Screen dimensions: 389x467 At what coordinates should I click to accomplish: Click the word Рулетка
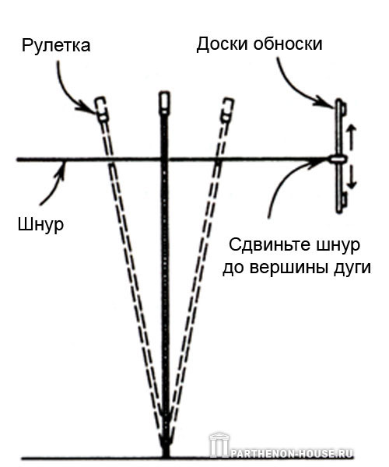point(56,46)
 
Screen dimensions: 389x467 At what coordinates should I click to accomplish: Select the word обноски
point(288,44)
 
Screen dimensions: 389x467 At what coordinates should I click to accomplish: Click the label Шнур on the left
point(40,224)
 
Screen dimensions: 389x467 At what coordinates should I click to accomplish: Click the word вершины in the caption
point(299,267)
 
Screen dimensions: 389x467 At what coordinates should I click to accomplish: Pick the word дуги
point(361,267)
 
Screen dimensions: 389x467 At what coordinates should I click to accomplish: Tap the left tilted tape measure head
point(101,109)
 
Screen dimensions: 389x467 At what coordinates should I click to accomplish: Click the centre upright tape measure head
point(165,103)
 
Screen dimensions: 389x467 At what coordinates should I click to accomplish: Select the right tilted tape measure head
point(227,110)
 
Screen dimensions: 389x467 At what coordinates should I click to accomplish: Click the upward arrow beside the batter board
point(352,138)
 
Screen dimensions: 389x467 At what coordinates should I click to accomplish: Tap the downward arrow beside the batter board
point(352,177)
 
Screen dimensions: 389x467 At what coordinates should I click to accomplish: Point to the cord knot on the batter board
point(338,159)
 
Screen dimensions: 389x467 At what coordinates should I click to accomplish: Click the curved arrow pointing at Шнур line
point(54,184)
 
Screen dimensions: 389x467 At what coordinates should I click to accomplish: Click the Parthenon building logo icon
point(219,444)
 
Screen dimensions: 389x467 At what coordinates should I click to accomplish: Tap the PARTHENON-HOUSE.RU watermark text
point(293,454)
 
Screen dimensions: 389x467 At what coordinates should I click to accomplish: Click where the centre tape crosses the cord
point(165,160)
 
